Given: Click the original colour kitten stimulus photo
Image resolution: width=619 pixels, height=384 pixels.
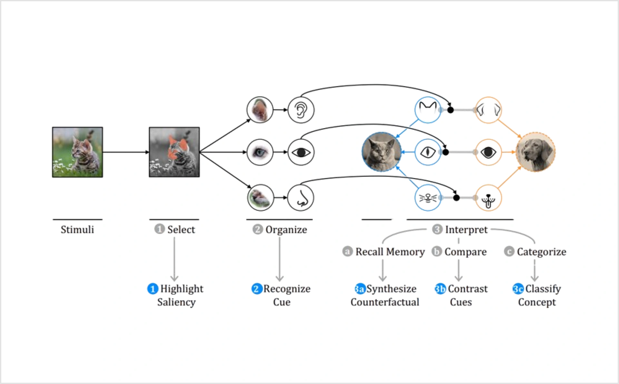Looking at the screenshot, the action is pyautogui.click(x=77, y=152).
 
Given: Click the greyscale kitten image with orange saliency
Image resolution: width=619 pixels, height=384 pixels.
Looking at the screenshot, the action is pyautogui.click(x=174, y=152).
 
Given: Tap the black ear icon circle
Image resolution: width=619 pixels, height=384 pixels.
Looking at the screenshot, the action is pyautogui.click(x=301, y=110).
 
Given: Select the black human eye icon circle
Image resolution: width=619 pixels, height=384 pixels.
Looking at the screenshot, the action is pyautogui.click(x=301, y=152).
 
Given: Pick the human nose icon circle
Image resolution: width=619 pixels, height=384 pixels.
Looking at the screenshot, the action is pyautogui.click(x=301, y=197).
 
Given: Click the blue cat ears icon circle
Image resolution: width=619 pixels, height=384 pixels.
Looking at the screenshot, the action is pyautogui.click(x=428, y=110).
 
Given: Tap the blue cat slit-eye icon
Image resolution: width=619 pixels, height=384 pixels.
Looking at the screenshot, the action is pyautogui.click(x=428, y=152).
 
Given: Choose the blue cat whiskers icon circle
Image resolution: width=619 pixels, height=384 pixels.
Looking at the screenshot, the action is pyautogui.click(x=428, y=197).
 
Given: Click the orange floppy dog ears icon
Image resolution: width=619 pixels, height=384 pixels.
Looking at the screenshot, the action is pyautogui.click(x=488, y=110).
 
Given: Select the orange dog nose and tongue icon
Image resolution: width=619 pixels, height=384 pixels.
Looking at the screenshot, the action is pyautogui.click(x=488, y=197).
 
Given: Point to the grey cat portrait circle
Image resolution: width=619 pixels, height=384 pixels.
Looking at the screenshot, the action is pyautogui.click(x=382, y=152).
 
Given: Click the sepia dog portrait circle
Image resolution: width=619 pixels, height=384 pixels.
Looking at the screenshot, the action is pyautogui.click(x=535, y=152).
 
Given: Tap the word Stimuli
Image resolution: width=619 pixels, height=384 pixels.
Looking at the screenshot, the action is pyautogui.click(x=77, y=229).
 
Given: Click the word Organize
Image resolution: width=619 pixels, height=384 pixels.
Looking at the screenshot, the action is pyautogui.click(x=286, y=230).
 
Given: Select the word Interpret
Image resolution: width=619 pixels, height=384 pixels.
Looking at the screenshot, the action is pyautogui.click(x=466, y=230).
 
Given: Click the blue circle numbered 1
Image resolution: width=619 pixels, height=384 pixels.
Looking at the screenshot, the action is pyautogui.click(x=152, y=289).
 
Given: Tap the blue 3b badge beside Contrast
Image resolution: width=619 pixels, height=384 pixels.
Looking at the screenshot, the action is pyautogui.click(x=440, y=289).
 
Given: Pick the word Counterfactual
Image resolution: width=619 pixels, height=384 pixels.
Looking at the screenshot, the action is pyautogui.click(x=385, y=302).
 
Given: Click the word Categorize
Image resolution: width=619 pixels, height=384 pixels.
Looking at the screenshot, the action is pyautogui.click(x=542, y=252).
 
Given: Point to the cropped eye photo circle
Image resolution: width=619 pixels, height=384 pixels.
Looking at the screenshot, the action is pyautogui.click(x=260, y=152).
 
